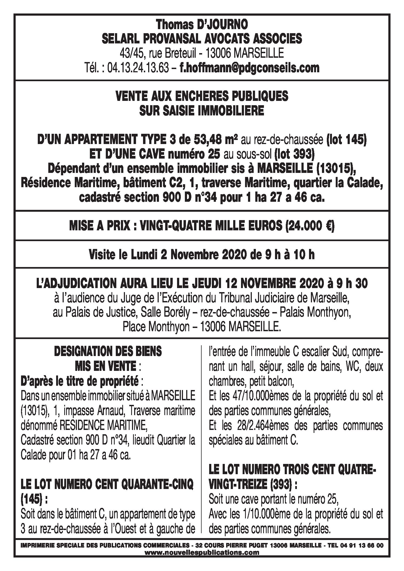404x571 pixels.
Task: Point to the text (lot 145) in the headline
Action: [346, 141]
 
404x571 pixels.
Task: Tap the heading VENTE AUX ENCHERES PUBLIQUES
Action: [202, 96]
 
